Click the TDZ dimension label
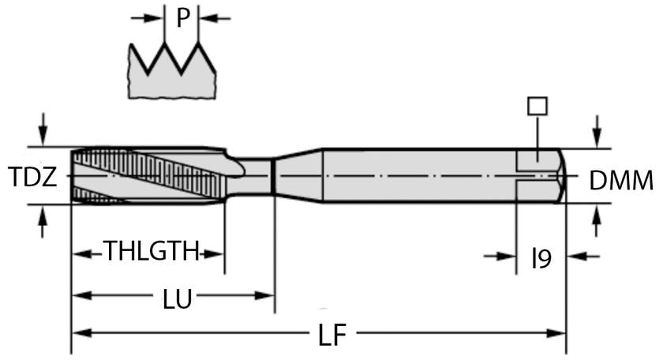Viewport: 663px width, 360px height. click(x=32, y=177)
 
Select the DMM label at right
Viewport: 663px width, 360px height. click(x=621, y=181)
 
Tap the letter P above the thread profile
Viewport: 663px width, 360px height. click(x=182, y=18)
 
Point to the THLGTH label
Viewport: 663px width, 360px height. click(x=152, y=251)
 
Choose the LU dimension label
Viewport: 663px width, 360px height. click(x=178, y=298)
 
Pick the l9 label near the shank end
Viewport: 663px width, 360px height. click(x=541, y=258)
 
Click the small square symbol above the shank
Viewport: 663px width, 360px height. click(x=538, y=106)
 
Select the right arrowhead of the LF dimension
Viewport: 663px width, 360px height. click(x=556, y=333)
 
